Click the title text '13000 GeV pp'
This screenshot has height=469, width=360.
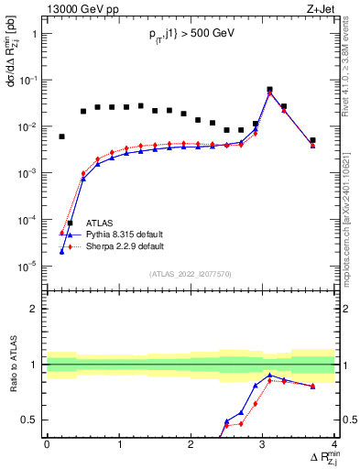80,9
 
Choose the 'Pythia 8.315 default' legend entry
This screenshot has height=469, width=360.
125,234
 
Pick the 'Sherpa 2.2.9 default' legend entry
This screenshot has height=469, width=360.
125,246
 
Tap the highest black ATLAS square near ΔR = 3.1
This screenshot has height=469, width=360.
269,90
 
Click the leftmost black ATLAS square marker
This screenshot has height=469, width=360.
61,136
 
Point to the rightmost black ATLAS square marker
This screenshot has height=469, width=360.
312,140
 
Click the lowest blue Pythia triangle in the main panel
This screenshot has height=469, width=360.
61,251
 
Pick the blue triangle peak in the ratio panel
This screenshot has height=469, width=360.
269,376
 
